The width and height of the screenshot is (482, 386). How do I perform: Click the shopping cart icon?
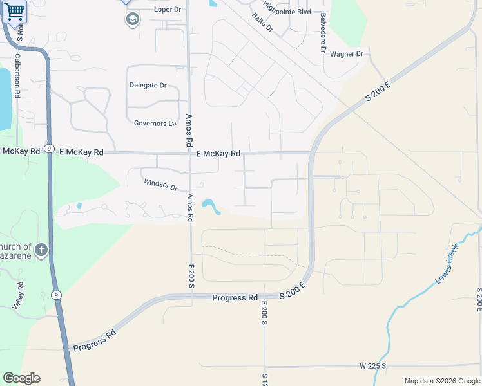[x=14, y=11]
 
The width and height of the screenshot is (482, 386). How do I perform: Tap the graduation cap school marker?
[x=132, y=19]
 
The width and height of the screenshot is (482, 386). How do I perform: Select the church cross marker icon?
[x=41, y=250]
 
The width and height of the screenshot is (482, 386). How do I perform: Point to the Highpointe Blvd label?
[x=287, y=12]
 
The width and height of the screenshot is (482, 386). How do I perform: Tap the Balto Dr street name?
[x=263, y=24]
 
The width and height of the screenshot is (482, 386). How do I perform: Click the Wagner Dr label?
[x=347, y=54]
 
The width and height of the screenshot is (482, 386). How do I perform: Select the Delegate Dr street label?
[x=148, y=85]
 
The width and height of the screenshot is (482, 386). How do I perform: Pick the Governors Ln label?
[x=155, y=123]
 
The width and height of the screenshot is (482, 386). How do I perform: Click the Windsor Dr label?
[x=160, y=185]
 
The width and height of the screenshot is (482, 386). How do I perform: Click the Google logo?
[x=21, y=378]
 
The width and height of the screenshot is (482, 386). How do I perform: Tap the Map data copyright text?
[x=442, y=381]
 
